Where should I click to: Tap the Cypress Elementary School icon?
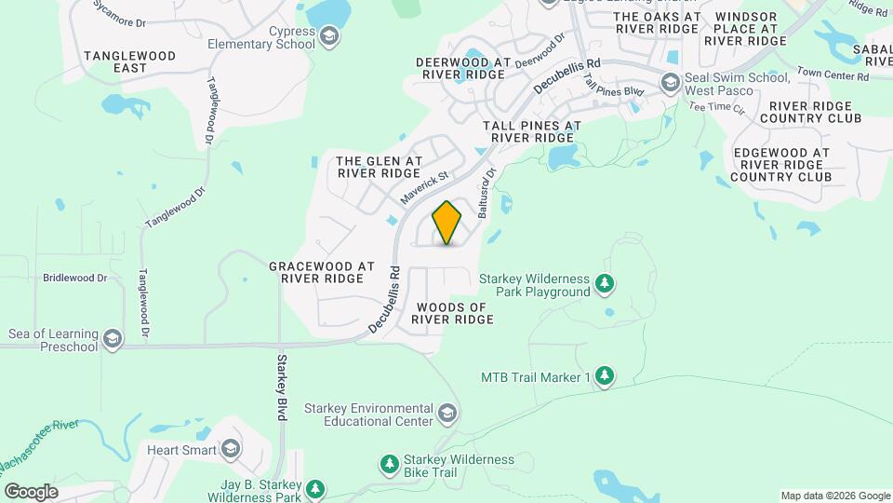(327, 37)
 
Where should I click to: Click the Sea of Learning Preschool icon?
(113, 339)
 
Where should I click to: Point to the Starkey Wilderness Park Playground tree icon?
(605, 282)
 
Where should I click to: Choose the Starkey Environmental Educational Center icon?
(447, 412)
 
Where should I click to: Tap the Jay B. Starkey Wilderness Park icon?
(315, 488)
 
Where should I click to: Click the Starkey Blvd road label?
(281, 387)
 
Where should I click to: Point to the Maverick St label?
(424, 188)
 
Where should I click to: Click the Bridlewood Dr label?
(75, 278)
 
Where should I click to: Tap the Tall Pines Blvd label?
(614, 86)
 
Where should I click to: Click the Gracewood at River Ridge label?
(321, 272)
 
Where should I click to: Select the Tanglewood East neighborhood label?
(129, 62)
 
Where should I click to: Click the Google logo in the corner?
(31, 491)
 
